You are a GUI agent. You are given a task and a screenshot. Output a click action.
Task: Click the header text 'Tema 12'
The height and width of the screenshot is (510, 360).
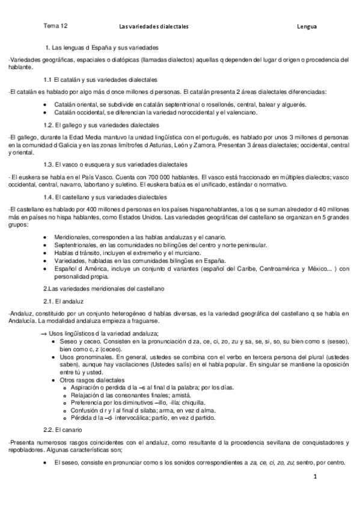[55, 26]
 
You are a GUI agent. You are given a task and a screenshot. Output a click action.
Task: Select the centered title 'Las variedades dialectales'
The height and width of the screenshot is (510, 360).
[154, 27]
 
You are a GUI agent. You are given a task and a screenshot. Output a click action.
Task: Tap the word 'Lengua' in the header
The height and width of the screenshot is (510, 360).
[307, 27]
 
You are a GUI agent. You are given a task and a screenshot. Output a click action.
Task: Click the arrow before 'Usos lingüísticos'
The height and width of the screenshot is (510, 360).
[43, 334]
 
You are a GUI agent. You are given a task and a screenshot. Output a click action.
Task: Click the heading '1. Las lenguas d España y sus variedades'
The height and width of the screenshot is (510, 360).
[102, 47]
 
